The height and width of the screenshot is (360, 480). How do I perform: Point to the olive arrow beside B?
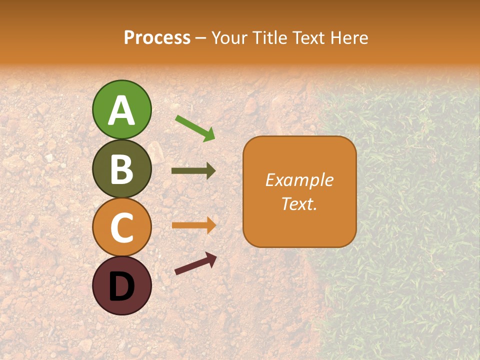(193, 171)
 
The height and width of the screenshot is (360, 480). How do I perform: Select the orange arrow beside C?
(193, 225)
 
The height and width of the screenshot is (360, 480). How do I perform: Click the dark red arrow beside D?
(195, 263)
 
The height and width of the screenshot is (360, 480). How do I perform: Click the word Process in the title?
(157, 37)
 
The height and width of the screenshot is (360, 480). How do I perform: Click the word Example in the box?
(299, 180)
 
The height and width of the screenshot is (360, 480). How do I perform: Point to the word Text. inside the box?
(299, 204)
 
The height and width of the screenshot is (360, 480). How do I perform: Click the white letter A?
(122, 110)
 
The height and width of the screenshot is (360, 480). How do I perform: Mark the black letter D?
(122, 286)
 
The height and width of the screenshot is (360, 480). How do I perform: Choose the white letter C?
(122, 228)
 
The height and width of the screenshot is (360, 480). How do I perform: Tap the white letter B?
(122, 169)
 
